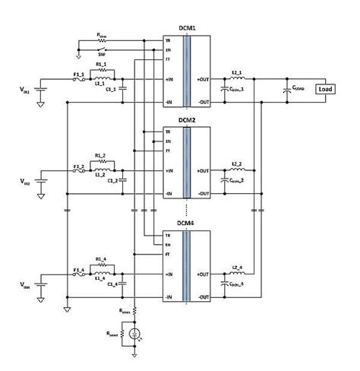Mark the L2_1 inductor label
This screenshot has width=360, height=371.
coord(237,71)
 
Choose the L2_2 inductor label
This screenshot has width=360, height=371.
coord(237,164)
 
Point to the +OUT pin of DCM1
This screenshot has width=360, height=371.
coord(203,78)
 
